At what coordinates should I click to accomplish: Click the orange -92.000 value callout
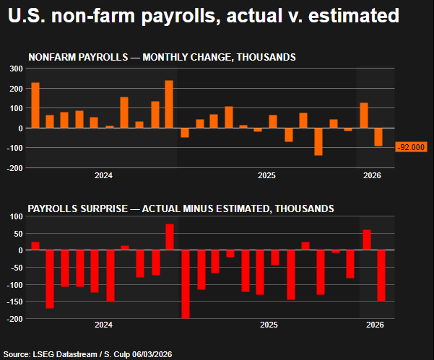click(x=412, y=147)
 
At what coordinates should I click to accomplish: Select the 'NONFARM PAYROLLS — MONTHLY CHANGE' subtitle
click(x=161, y=57)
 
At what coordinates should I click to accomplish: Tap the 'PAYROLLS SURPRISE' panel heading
click(x=181, y=208)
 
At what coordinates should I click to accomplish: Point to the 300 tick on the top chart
click(x=15, y=69)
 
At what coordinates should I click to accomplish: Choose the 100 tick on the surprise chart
click(x=15, y=216)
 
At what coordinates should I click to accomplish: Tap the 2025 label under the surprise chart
click(x=268, y=326)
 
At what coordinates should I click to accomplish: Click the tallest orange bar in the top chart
click(x=169, y=104)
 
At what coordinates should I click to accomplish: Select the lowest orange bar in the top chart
click(x=318, y=141)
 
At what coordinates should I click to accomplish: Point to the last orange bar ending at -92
click(x=378, y=137)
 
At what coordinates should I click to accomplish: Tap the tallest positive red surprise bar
click(x=170, y=237)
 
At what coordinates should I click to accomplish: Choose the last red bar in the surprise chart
click(x=381, y=275)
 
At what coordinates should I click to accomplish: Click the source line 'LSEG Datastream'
click(x=86, y=354)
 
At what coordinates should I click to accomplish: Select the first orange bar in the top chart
click(x=35, y=105)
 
